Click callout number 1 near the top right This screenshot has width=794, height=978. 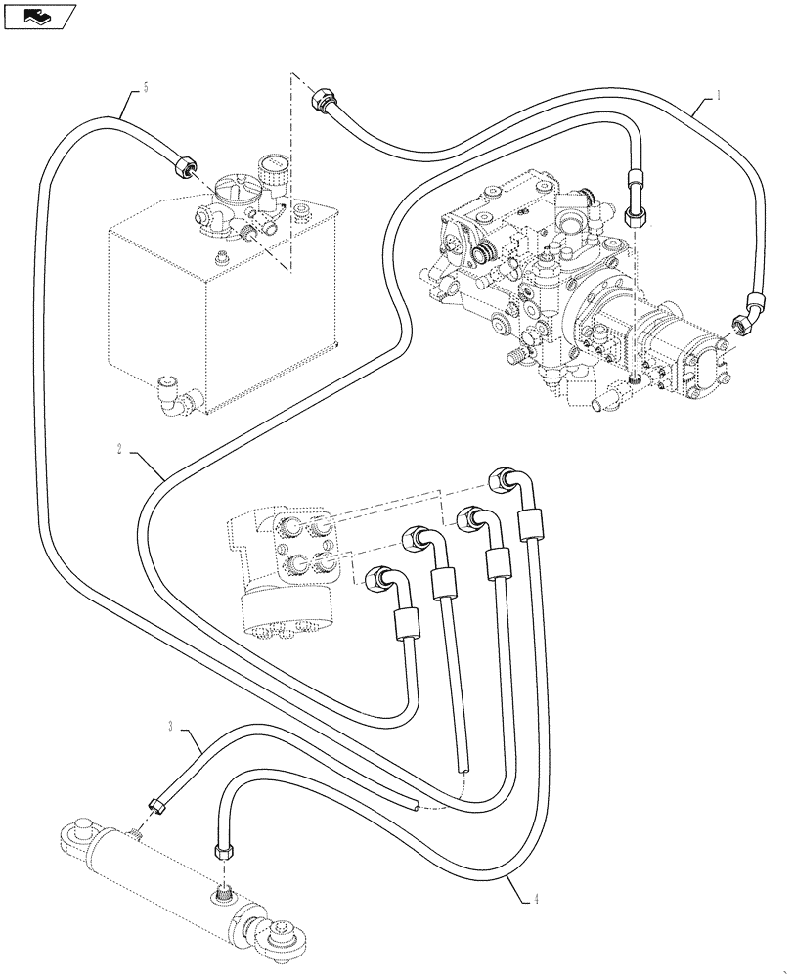click(719, 96)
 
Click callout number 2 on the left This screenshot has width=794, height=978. click(119, 449)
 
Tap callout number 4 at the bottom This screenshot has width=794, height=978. click(537, 901)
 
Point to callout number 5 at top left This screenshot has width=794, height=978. click(146, 88)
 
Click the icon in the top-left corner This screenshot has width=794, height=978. click(39, 16)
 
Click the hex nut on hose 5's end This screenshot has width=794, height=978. click(181, 166)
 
